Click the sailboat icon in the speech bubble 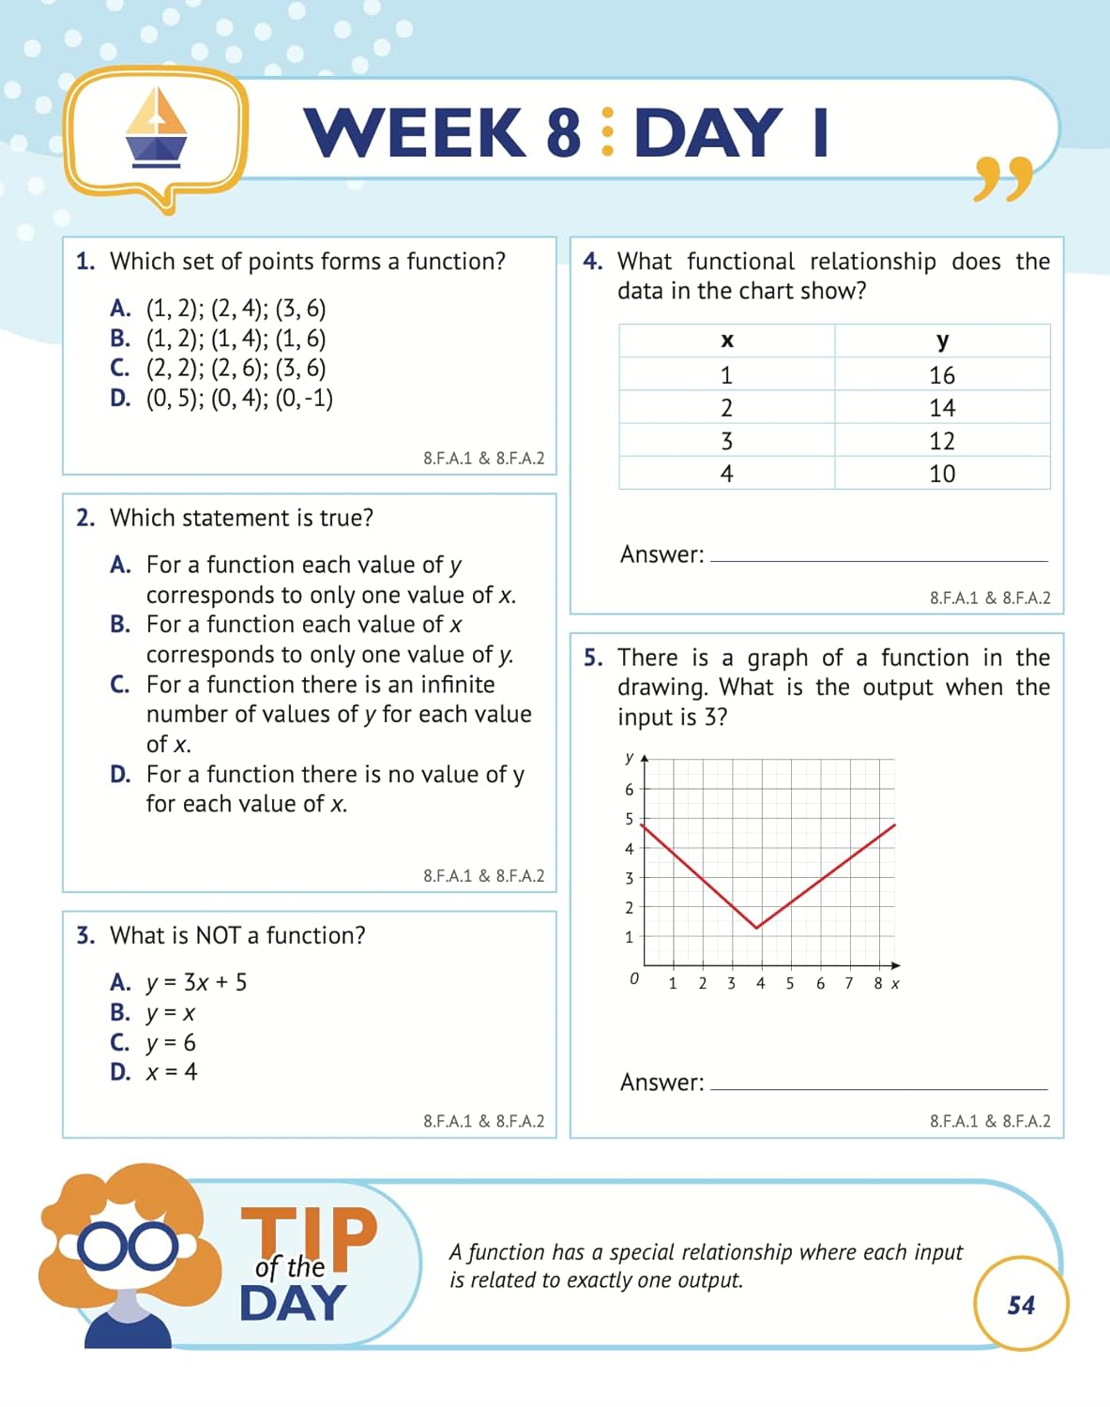(156, 129)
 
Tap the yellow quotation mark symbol (1002, 178)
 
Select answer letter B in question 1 (120, 339)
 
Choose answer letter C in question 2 (120, 685)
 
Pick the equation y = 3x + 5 (197, 983)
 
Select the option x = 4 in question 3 (172, 1072)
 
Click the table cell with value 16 (942, 375)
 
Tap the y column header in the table (942, 340)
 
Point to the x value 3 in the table (726, 441)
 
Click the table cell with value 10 (942, 474)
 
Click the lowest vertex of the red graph (757, 927)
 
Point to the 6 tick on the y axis (630, 790)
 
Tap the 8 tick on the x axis (878, 983)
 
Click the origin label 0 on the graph (634, 978)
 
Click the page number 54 (1021, 1305)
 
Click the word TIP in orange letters (310, 1233)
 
